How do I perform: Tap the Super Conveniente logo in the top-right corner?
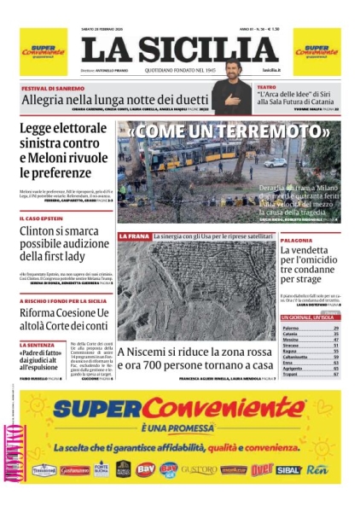click(317, 51)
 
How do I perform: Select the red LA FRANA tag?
click(134, 236)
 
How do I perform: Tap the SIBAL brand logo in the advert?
click(288, 469)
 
